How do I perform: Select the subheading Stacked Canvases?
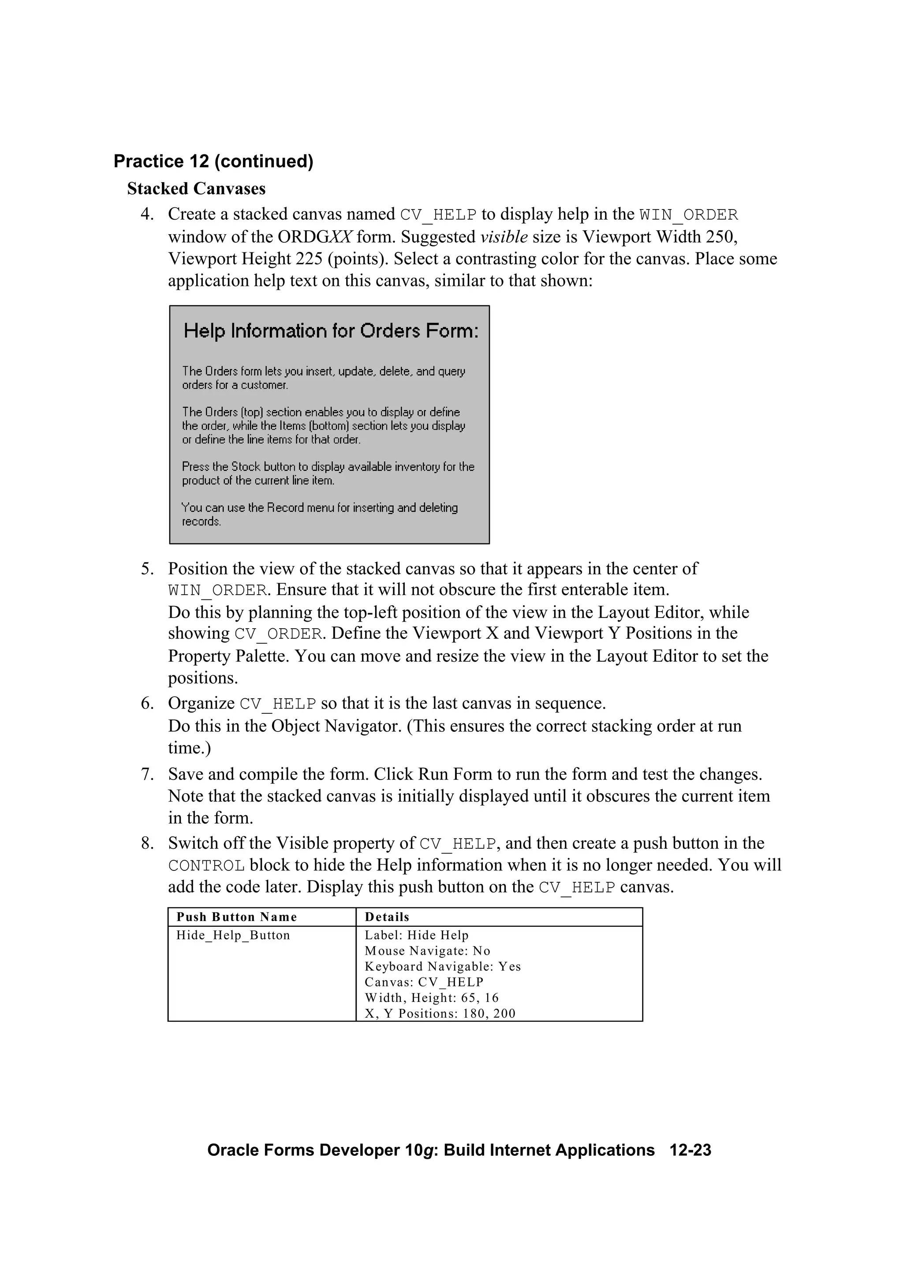pyautogui.click(x=196, y=189)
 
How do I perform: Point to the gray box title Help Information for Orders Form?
pyautogui.click(x=331, y=331)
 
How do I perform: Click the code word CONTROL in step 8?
pyautogui.click(x=206, y=866)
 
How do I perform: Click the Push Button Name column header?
pyautogui.click(x=236, y=917)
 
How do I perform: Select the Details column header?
pyautogui.click(x=387, y=917)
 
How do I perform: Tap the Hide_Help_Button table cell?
pyautogui.click(x=233, y=935)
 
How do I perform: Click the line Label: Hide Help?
pyautogui.click(x=416, y=935)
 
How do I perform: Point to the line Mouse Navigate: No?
pyautogui.click(x=427, y=951)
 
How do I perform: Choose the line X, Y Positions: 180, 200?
pyautogui.click(x=440, y=1014)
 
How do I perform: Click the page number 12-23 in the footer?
pyautogui.click(x=690, y=1151)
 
